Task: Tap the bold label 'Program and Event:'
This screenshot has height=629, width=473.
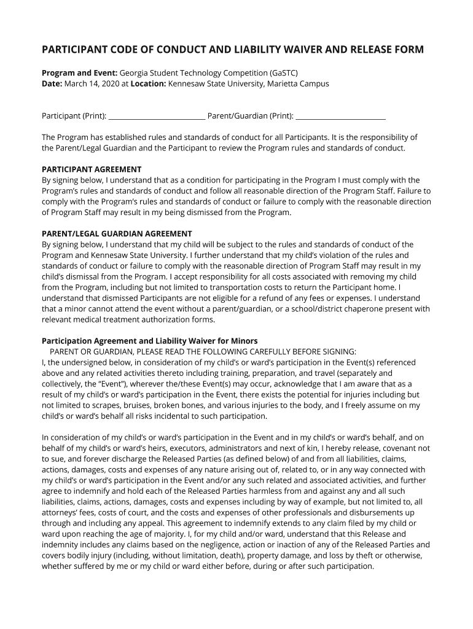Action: click(x=80, y=72)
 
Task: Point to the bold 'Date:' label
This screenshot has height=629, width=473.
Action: click(x=52, y=84)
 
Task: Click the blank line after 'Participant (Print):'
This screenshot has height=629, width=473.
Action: click(x=157, y=115)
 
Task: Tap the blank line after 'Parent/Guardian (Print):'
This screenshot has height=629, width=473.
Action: click(x=340, y=115)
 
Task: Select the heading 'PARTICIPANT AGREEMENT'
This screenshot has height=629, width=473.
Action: click(x=92, y=170)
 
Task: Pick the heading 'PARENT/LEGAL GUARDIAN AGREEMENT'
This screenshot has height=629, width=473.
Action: click(x=117, y=234)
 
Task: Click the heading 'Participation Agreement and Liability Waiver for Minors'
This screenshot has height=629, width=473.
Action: click(x=149, y=341)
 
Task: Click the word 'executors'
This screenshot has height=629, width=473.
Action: click(x=182, y=448)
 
